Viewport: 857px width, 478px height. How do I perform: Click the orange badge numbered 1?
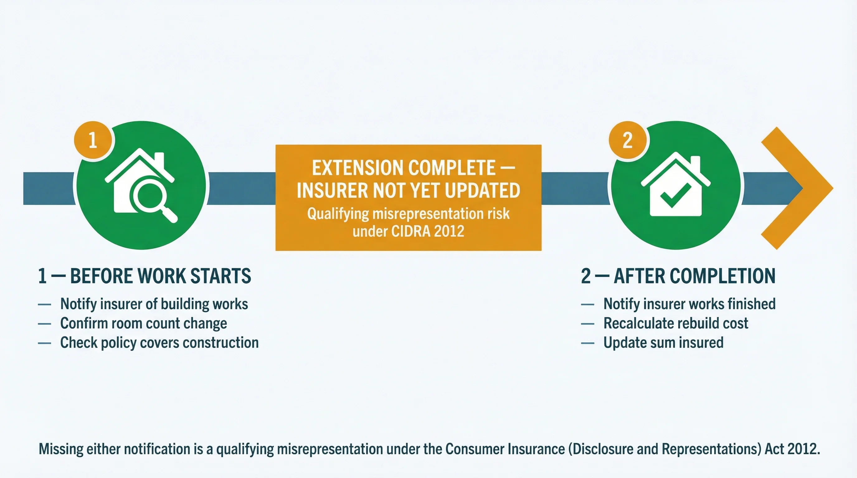tap(93, 140)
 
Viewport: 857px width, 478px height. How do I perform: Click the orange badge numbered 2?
tap(627, 140)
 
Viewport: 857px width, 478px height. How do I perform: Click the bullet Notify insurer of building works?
tap(154, 304)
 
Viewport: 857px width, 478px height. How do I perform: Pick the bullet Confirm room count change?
tap(143, 323)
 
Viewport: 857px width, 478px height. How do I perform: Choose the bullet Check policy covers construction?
tap(159, 342)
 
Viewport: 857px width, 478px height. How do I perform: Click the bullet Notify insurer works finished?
tap(689, 304)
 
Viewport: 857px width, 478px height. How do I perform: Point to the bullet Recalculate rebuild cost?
tap(676, 323)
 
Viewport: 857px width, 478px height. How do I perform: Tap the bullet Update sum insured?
tap(663, 342)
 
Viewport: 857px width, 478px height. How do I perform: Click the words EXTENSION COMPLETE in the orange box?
tap(404, 168)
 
